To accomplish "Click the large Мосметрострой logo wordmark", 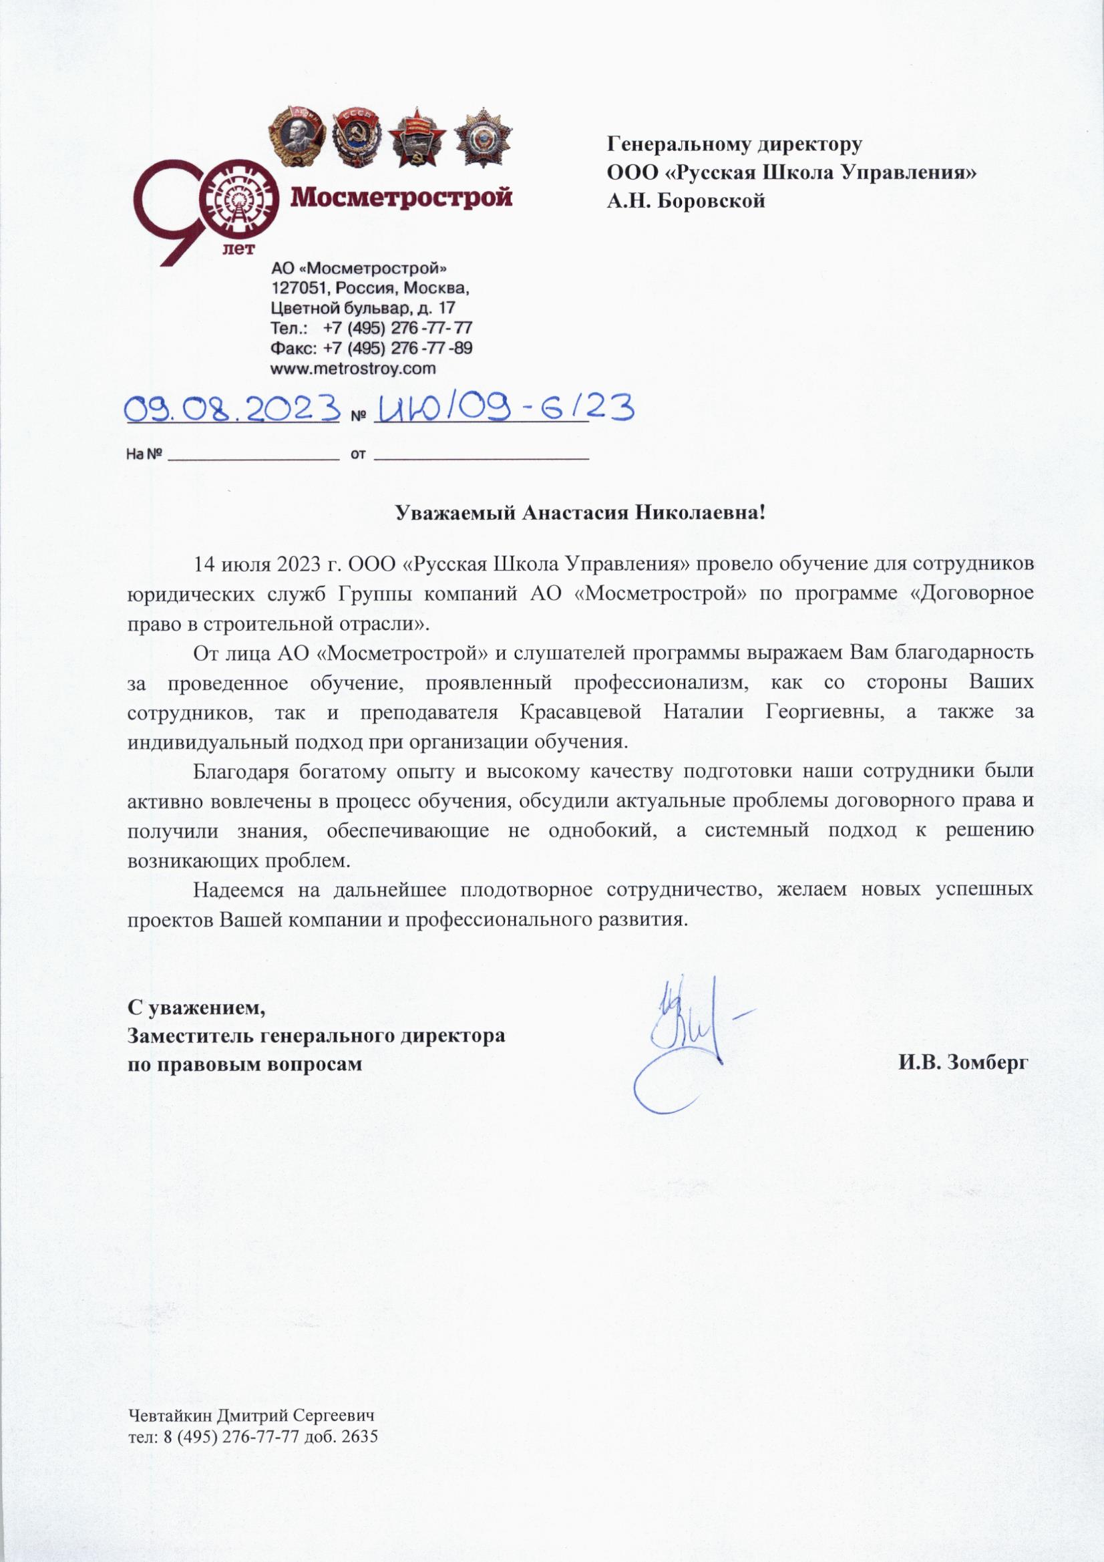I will tap(402, 198).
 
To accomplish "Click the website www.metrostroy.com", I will tap(353, 368).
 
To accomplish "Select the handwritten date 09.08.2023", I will tap(232, 410).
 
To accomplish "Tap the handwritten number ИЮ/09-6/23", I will tap(504, 410).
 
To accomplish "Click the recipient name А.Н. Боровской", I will tap(687, 200).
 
